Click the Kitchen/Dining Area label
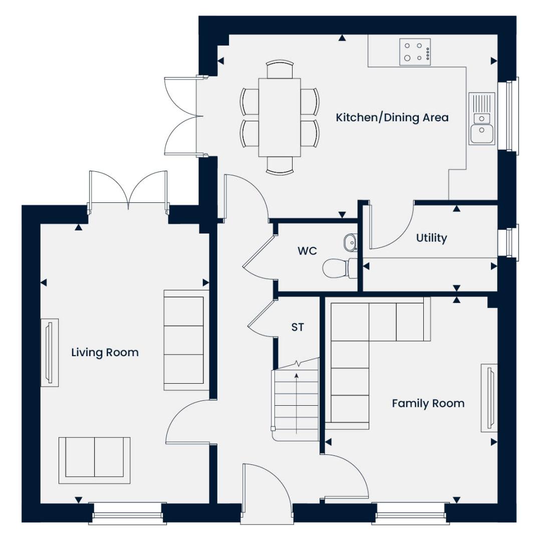coord(392,118)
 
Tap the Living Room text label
coord(105,353)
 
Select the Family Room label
coord(428,403)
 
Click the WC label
coord(307,251)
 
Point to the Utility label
coord(431,238)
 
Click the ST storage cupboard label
coord(298,328)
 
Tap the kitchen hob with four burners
coord(415,52)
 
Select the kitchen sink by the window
coord(481,119)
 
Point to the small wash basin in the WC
coord(351,243)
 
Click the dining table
coord(280,118)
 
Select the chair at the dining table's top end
coord(280,69)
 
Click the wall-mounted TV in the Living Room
coord(49,353)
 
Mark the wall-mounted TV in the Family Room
coord(490,398)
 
